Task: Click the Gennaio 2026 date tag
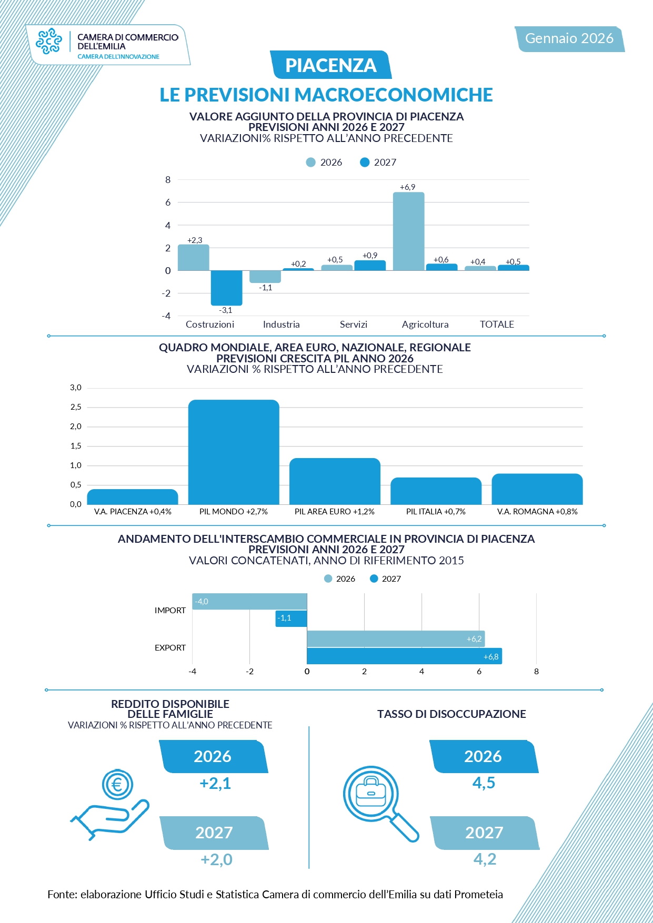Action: (x=569, y=38)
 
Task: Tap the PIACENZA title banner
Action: (x=330, y=65)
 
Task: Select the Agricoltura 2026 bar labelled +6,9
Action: (x=408, y=231)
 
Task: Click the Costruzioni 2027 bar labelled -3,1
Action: (x=226, y=288)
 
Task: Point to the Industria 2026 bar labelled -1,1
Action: (x=265, y=277)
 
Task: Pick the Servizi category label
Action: (x=354, y=324)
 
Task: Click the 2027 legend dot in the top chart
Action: (x=365, y=163)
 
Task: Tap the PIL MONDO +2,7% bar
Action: (x=234, y=452)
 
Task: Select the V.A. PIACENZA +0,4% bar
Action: (x=133, y=497)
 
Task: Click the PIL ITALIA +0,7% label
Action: (x=436, y=512)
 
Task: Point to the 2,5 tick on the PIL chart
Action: (x=76, y=407)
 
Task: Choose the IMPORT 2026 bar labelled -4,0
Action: (x=249, y=602)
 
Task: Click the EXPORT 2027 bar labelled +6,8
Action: (x=404, y=656)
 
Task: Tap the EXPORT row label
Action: (x=170, y=648)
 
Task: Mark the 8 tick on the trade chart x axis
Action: (x=536, y=672)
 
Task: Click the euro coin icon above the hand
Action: (x=117, y=785)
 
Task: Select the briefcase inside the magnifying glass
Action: (x=370, y=792)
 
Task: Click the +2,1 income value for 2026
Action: (x=215, y=784)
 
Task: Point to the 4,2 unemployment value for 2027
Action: (x=485, y=859)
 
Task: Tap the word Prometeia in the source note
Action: (x=478, y=895)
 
